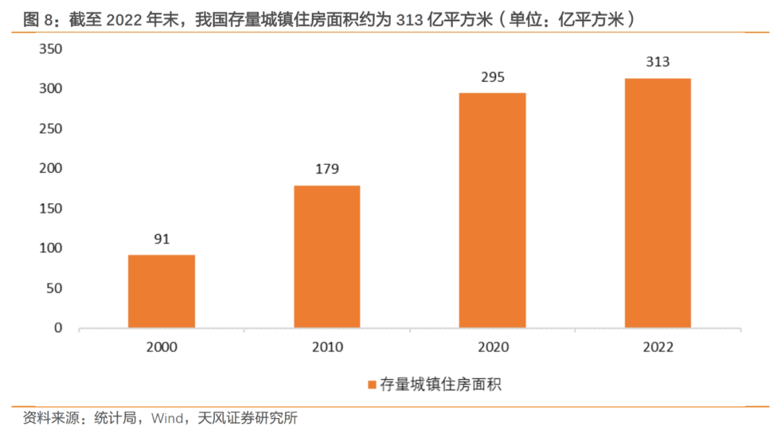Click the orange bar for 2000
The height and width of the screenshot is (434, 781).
click(x=161, y=291)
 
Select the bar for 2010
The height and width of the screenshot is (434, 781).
click(x=327, y=257)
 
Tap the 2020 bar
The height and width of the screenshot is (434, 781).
click(x=492, y=210)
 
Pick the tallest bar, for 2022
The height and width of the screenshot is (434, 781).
click(x=657, y=203)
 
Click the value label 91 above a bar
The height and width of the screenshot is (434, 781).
click(x=161, y=239)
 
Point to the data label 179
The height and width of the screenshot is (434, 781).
click(x=327, y=169)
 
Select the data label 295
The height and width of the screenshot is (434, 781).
click(x=492, y=77)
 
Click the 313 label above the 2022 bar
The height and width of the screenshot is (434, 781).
click(x=657, y=62)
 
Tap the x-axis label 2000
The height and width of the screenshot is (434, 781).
click(x=161, y=347)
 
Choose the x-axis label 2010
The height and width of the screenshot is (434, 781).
click(x=327, y=347)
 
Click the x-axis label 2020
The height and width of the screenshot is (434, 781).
click(x=492, y=347)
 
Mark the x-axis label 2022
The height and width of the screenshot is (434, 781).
click(x=657, y=347)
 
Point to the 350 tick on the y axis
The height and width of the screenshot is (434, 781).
click(x=54, y=49)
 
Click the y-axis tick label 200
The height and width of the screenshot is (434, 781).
click(x=54, y=169)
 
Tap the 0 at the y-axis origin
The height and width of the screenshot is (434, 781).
click(x=61, y=328)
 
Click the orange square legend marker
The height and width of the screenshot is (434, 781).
click(x=372, y=385)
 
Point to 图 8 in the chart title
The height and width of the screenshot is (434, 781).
click(x=39, y=20)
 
